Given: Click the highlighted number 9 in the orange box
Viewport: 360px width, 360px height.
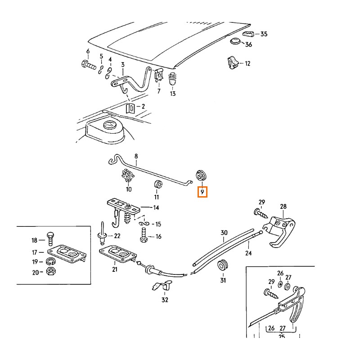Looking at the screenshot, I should point(202,192).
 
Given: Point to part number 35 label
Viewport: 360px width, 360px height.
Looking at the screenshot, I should point(264,34).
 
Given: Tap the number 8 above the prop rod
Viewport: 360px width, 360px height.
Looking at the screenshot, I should point(136,156).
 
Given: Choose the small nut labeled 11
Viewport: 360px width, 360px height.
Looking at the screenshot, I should point(157,184).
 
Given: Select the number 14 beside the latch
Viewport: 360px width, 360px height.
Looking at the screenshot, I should point(156,208).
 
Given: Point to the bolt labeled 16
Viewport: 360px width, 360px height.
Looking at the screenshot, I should point(144,235).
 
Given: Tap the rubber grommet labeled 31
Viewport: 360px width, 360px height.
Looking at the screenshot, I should point(222,265).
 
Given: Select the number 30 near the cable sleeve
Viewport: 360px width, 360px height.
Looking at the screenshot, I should point(224,233).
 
